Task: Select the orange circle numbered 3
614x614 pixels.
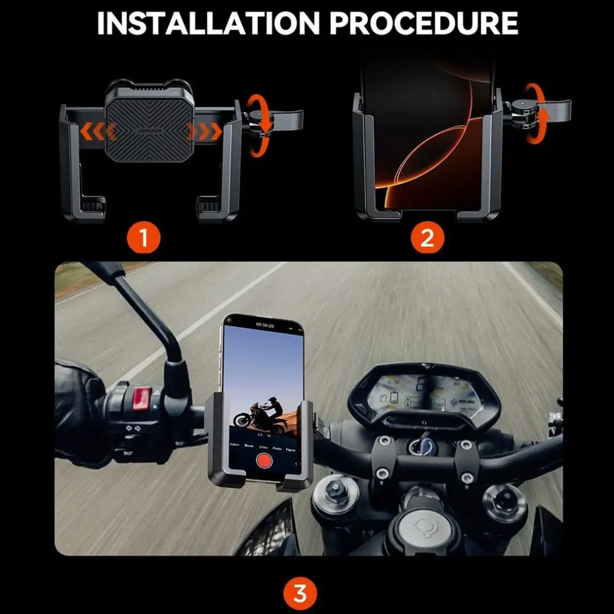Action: point(300,594)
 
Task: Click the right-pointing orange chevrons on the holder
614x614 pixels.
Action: point(206,131)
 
